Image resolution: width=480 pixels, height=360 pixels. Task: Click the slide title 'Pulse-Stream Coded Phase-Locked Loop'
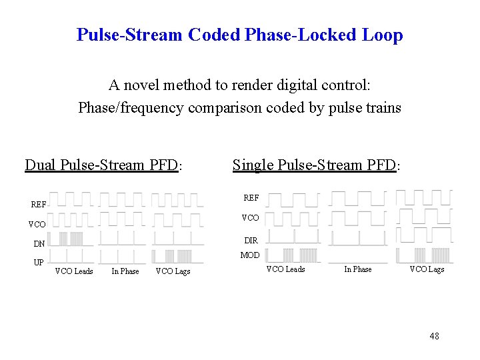(x=239, y=35)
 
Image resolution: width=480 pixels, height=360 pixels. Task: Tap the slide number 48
(x=434, y=336)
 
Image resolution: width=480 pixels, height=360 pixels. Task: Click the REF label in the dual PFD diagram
(x=39, y=205)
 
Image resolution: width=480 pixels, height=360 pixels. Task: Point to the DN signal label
(x=39, y=244)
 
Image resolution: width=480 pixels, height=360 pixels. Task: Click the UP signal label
(x=39, y=263)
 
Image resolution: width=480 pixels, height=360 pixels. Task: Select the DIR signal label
(x=251, y=241)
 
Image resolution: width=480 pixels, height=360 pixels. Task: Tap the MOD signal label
(x=250, y=255)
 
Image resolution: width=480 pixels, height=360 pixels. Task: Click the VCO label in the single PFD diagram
(x=251, y=218)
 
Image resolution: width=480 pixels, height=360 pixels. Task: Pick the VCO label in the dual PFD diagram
(x=37, y=225)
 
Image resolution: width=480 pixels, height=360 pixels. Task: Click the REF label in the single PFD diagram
(x=251, y=198)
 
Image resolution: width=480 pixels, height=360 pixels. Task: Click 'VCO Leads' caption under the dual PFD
(x=74, y=271)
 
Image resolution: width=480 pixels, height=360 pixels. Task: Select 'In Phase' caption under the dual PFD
(x=125, y=271)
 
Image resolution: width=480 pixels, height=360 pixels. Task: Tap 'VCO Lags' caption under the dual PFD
(x=173, y=271)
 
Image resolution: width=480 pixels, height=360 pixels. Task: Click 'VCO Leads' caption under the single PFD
(x=285, y=269)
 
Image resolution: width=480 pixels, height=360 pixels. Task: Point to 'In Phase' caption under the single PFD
(x=357, y=269)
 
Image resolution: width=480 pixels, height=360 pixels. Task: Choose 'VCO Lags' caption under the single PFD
(x=427, y=269)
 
